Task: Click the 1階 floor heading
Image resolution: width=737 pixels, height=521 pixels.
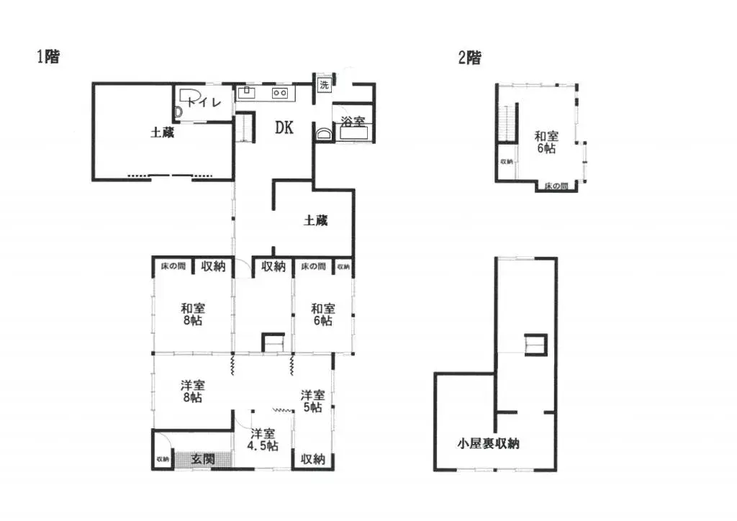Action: click(48, 58)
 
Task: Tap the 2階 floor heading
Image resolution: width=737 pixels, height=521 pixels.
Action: click(469, 58)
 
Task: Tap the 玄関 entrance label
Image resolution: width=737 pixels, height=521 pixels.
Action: click(203, 458)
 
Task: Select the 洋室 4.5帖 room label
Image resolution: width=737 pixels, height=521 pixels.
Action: click(263, 440)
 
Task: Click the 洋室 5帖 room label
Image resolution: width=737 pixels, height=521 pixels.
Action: click(313, 402)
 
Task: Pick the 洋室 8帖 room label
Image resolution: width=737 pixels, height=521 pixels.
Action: click(192, 391)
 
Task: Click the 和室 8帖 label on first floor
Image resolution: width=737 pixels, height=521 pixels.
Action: click(192, 314)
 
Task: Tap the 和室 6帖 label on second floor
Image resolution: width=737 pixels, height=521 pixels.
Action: click(546, 142)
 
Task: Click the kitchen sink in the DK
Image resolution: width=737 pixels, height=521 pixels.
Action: click(245, 93)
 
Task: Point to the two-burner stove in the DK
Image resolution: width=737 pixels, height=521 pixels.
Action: click(279, 94)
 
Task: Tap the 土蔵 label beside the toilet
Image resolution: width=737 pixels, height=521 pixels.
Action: click(162, 132)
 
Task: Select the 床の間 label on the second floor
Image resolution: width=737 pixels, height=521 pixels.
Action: click(556, 186)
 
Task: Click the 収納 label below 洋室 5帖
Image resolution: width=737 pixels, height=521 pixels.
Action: click(313, 458)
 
